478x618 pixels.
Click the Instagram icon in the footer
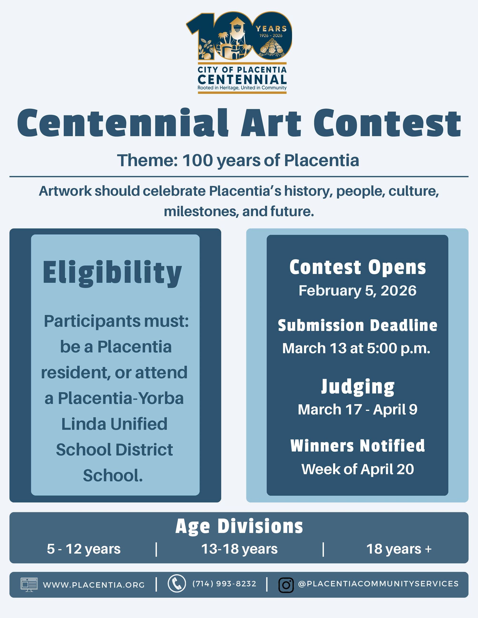point(286,585)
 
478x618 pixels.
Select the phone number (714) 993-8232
point(224,584)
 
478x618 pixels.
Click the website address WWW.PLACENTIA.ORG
point(94,585)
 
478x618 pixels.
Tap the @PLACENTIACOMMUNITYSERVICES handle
point(378,584)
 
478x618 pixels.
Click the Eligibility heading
point(112,272)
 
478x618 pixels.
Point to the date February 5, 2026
point(357,291)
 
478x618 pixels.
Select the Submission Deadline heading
point(357,325)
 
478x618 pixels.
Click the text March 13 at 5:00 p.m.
point(356,348)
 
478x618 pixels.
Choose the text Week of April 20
point(357,469)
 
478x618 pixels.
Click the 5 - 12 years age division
point(84,549)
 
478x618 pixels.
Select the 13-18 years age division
point(239,549)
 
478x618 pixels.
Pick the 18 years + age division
point(399,549)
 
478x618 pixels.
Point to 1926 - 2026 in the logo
point(271,36)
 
